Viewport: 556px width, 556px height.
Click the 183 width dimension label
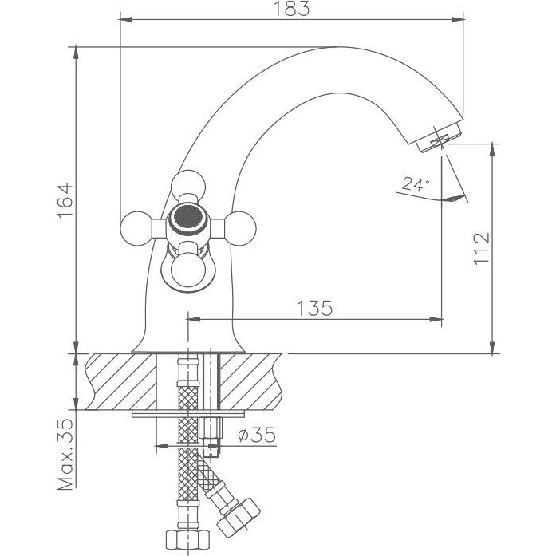291,9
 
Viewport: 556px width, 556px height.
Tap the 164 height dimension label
65,200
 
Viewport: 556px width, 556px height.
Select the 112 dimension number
482,249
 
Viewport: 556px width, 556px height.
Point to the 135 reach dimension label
315,308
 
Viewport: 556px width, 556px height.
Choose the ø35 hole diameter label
257,435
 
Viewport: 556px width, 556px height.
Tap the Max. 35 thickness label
65,455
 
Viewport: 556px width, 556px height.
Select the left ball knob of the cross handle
137,228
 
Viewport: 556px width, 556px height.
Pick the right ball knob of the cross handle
239,228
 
